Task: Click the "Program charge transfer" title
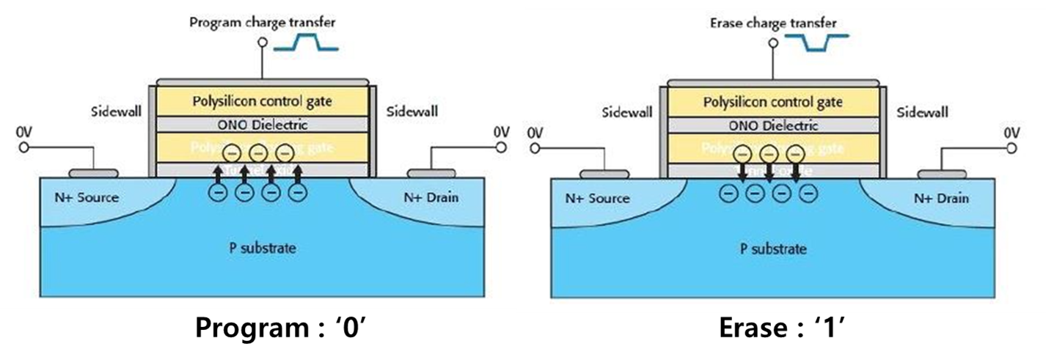click(x=262, y=22)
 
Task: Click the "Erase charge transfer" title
click(x=773, y=23)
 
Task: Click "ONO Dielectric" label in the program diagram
click(x=260, y=125)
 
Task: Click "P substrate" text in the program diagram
click(x=262, y=248)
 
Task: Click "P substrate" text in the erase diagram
click(x=772, y=249)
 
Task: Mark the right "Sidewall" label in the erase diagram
click(x=922, y=112)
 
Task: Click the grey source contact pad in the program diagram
click(x=93, y=174)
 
